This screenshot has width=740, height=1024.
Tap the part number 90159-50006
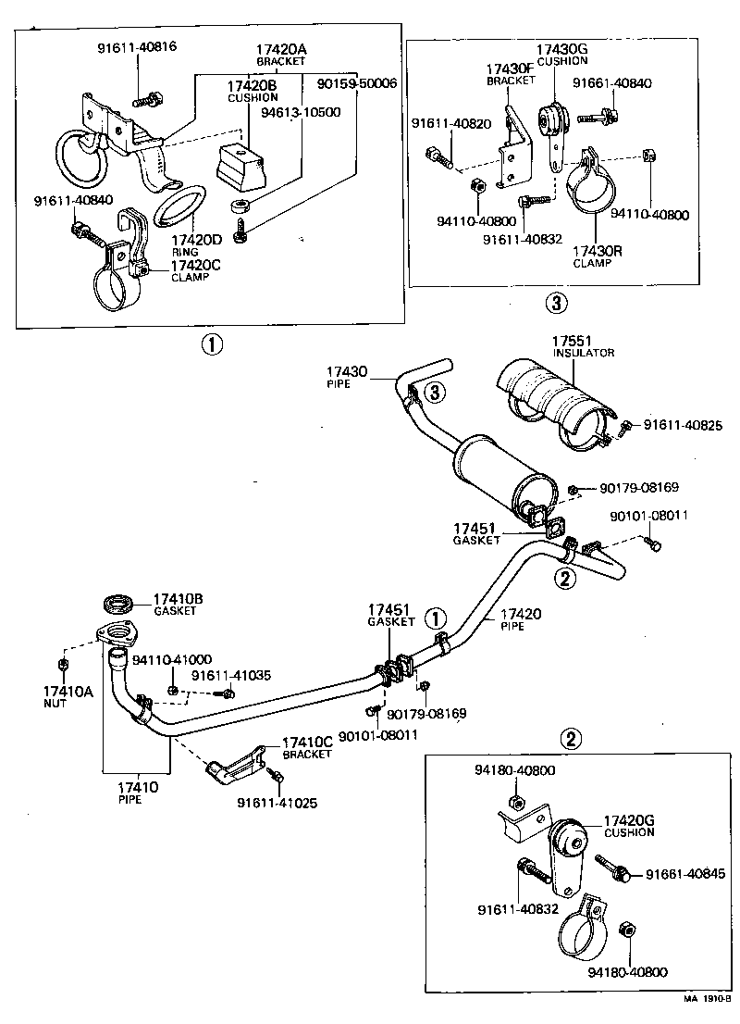tap(356, 83)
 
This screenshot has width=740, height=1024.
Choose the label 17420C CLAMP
tap(196, 270)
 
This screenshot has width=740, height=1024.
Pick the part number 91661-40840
tap(611, 83)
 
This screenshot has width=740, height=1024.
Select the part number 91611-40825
tap(682, 426)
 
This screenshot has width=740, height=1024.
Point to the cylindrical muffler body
tap(499, 472)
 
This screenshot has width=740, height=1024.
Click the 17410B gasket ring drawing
tap(117, 605)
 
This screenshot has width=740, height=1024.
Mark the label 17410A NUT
tap(68, 695)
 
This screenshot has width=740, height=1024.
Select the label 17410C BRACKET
tap(306, 747)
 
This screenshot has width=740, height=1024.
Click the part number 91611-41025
tap(277, 803)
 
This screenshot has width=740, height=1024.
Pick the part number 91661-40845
tap(685, 875)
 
